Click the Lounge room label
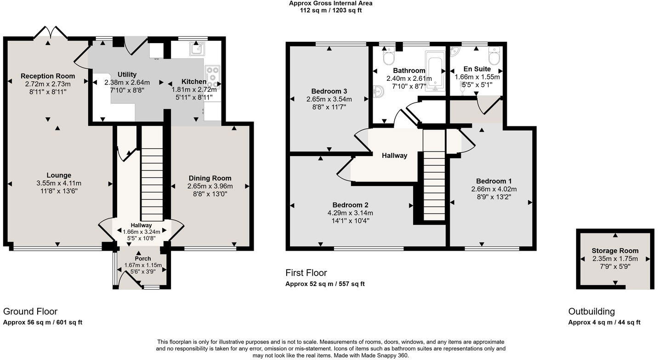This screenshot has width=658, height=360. tap(59, 175)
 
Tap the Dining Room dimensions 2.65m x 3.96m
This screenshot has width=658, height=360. tap(210, 186)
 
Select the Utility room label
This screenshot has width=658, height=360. tap(127, 74)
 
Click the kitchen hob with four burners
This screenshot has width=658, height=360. tap(212, 77)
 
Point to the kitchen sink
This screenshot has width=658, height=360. tap(197, 48)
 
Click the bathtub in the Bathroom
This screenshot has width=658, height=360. tap(434, 71)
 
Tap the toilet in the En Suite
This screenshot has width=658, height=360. tap(494, 56)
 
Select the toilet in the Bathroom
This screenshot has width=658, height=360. tap(389, 56)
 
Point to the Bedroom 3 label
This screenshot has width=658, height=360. tap(329, 91)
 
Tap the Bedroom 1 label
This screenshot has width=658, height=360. tap(494, 181)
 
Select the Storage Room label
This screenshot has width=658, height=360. tap(615, 251)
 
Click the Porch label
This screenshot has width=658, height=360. tap(143, 259)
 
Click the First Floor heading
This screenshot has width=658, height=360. tap(306, 273)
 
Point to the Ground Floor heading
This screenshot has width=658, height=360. tap(30, 312)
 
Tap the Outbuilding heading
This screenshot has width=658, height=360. tap(591, 311)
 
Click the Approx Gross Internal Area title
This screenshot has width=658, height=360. tap(330, 3)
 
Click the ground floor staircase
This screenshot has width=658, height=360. tap(152, 174)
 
